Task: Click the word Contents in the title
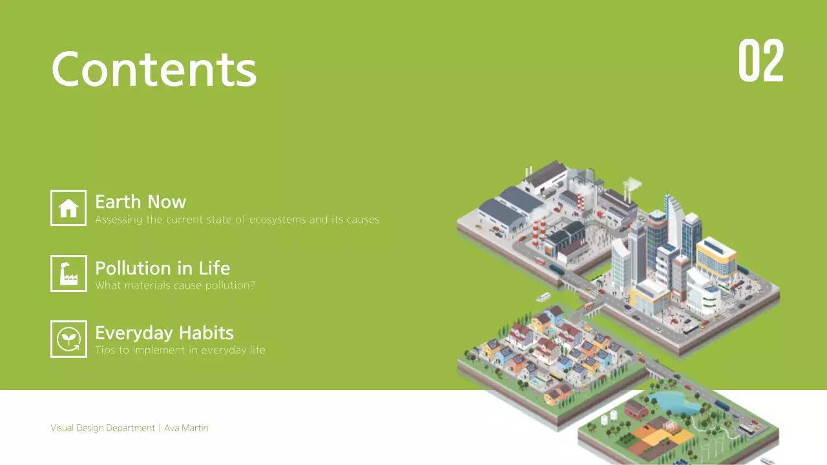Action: pyautogui.click(x=154, y=68)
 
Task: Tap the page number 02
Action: pyautogui.click(x=760, y=61)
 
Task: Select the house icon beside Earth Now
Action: pyautogui.click(x=68, y=208)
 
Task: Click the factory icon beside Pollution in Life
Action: pyautogui.click(x=68, y=273)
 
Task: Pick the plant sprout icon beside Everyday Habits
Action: pyautogui.click(x=68, y=338)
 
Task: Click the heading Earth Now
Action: pyautogui.click(x=140, y=202)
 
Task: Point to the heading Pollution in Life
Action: pyautogui.click(x=162, y=268)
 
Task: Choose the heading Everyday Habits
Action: pyautogui.click(x=164, y=333)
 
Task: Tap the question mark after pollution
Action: pyautogui.click(x=252, y=285)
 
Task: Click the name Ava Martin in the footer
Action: pyautogui.click(x=186, y=428)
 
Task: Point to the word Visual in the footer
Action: pyautogui.click(x=61, y=428)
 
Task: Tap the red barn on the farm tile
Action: pyautogui.click(x=637, y=408)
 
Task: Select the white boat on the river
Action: pyautogui.click(x=543, y=297)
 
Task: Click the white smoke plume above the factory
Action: pyautogui.click(x=633, y=185)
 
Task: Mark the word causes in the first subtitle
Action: pyautogui.click(x=362, y=220)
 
